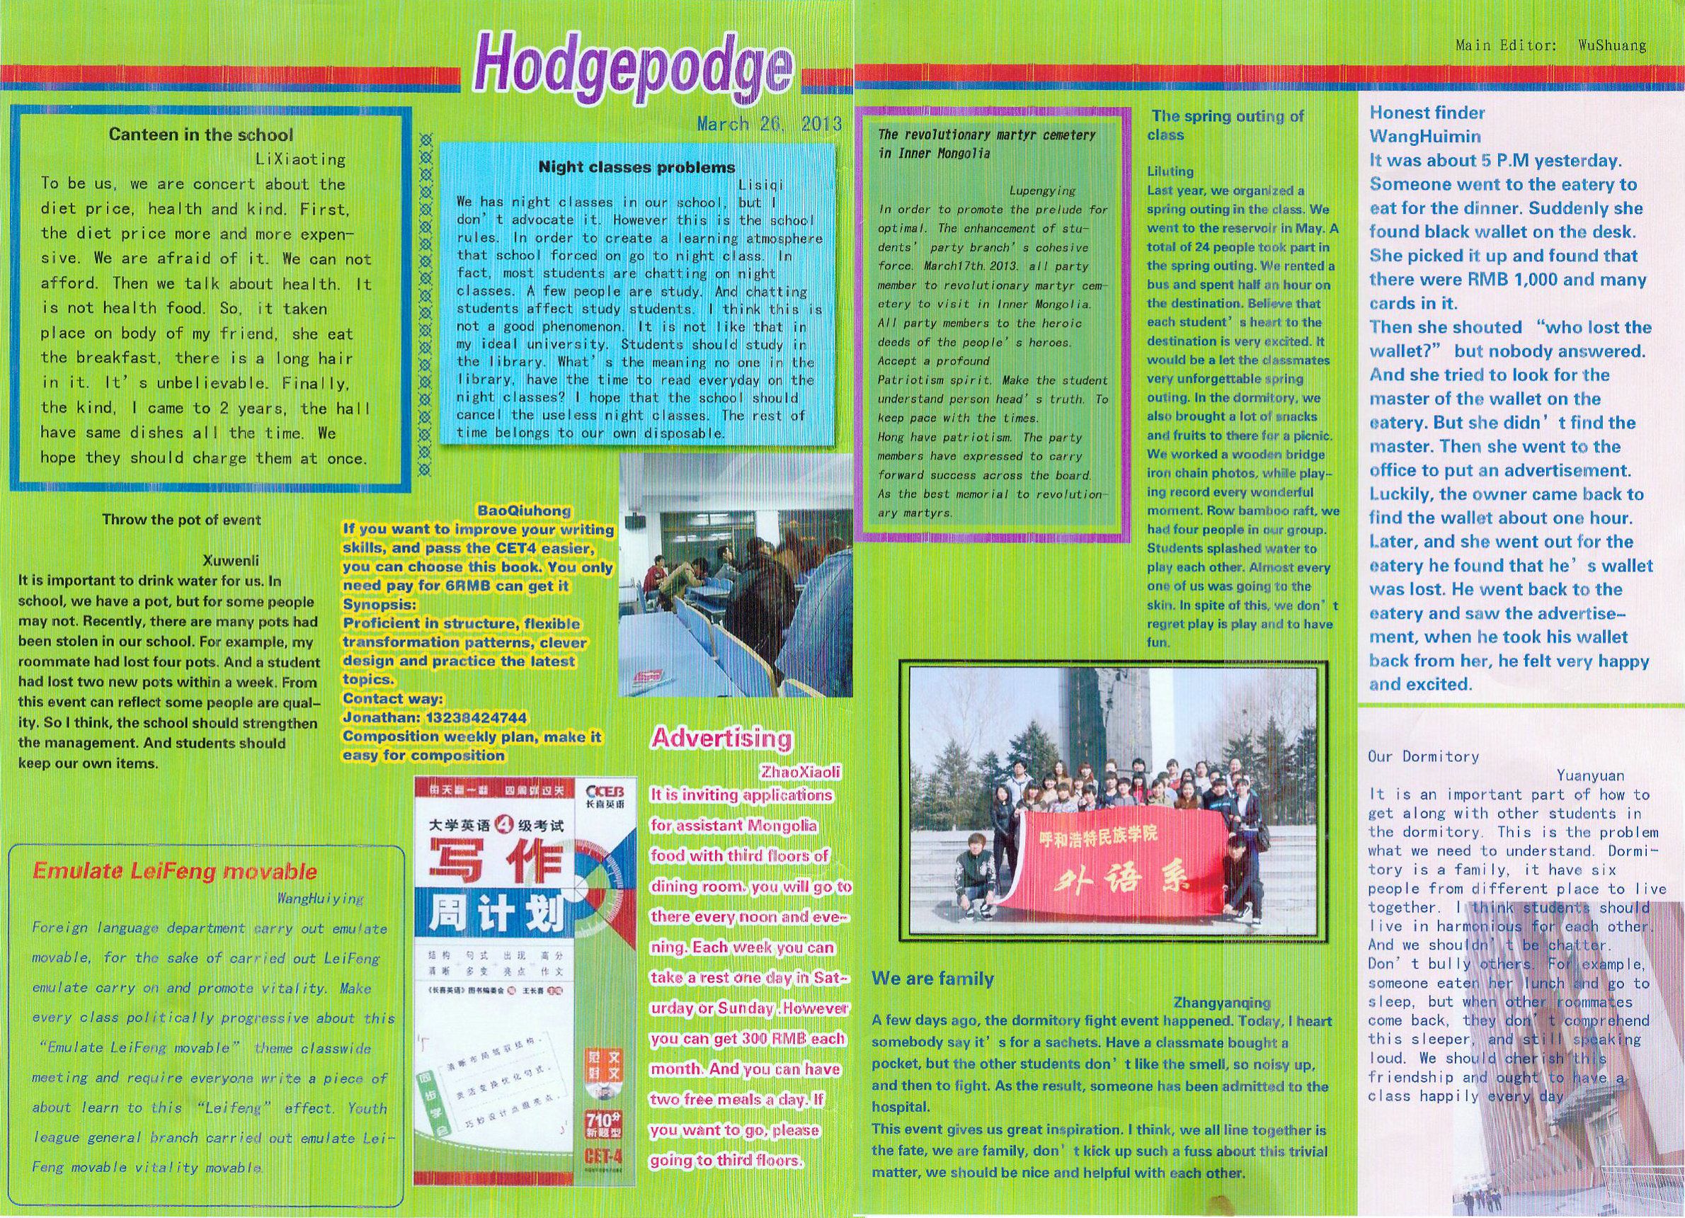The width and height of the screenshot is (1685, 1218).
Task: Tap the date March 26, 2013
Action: click(x=768, y=124)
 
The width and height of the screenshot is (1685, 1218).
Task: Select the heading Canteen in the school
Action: click(x=200, y=135)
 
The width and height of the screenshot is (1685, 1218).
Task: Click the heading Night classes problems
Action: click(x=636, y=167)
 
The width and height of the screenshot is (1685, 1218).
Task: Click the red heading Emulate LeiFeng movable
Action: click(x=175, y=872)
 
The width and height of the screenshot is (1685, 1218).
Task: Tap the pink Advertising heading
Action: click(x=721, y=738)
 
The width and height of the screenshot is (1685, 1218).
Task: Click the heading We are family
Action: click(x=932, y=978)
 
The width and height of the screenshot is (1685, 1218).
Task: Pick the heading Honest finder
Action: click(x=1427, y=113)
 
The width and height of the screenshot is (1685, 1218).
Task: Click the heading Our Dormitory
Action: click(x=1423, y=756)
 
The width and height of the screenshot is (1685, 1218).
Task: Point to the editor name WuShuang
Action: click(x=1611, y=45)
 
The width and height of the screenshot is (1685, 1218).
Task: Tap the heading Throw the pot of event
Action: click(x=182, y=520)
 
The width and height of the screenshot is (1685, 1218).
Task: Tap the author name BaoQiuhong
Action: click(x=524, y=511)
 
